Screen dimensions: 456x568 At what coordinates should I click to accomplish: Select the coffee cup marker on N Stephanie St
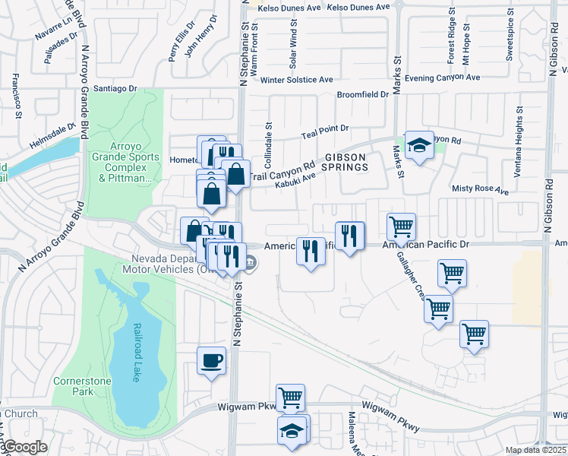pos(212,361)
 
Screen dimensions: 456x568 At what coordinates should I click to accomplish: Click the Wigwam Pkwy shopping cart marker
pos(291,397)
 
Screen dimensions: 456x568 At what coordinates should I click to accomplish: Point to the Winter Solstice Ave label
pos(297,80)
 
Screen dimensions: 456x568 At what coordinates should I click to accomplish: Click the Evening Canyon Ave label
pos(443,78)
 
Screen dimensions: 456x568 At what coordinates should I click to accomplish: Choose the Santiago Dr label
pos(115,89)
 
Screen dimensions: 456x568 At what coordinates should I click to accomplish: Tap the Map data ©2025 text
pos(536,450)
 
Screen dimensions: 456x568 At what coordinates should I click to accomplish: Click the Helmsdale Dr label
pos(54,135)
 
